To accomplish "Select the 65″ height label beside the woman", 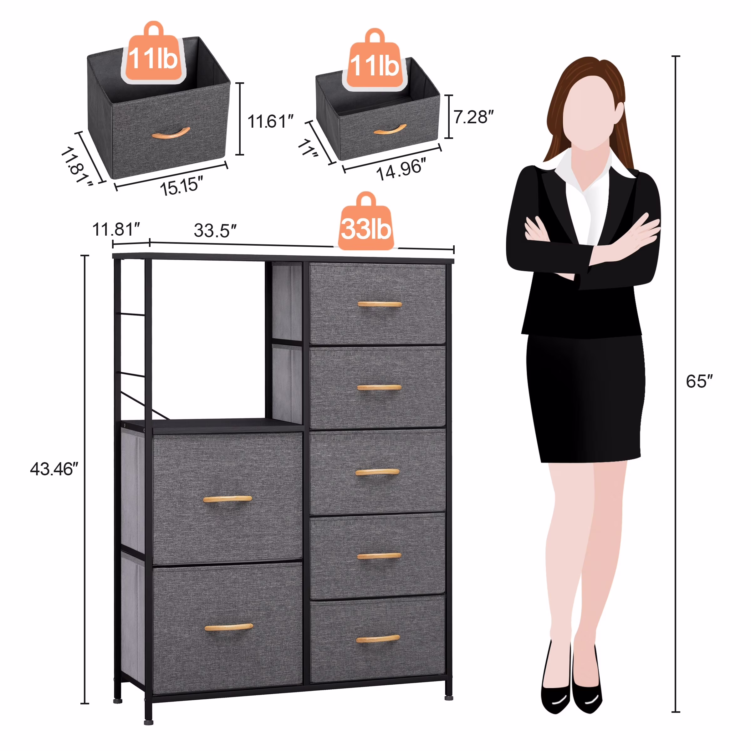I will (x=699, y=381).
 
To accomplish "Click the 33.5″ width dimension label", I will (x=215, y=231).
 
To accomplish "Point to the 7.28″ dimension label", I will (x=473, y=117).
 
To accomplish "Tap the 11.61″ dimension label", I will (x=270, y=121).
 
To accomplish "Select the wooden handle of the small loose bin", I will (x=390, y=130).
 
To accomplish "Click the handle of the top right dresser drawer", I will (x=379, y=304).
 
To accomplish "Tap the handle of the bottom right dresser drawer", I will (x=377, y=638).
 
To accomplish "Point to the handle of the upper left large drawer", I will (x=227, y=499).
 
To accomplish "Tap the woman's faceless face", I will (x=587, y=113).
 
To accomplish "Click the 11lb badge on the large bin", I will (x=153, y=58).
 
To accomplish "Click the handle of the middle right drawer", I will (x=377, y=472).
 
